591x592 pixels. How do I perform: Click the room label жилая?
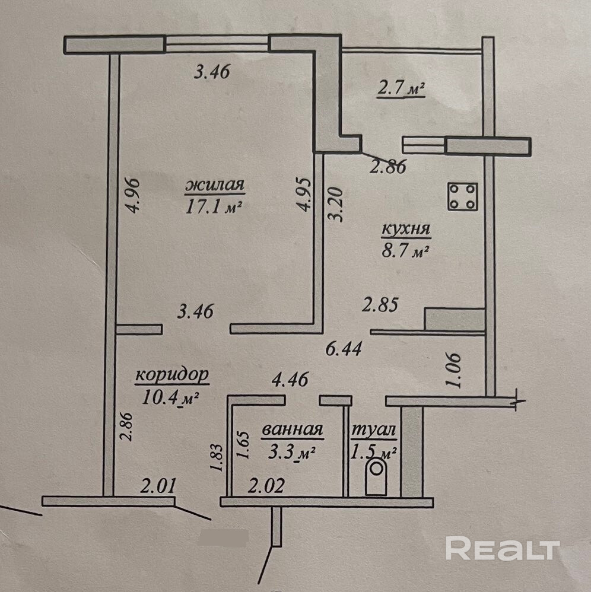pyautogui.click(x=215, y=186)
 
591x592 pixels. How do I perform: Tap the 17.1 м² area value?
pyautogui.click(x=215, y=207)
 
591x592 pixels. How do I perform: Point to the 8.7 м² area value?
pyautogui.click(x=406, y=251)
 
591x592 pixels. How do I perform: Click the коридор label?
pyautogui.click(x=172, y=375)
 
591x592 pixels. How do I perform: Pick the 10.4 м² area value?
pyautogui.click(x=170, y=397)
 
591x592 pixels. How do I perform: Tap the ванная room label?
pyautogui.click(x=291, y=430)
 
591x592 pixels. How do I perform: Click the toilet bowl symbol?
pyautogui.click(x=376, y=478)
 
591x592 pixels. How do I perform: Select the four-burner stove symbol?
pyautogui.click(x=464, y=196)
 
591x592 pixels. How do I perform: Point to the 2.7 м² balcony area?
pyautogui.click(x=401, y=90)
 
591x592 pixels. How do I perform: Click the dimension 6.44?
pyautogui.click(x=345, y=348)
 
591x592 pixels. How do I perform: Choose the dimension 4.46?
pyautogui.click(x=289, y=379)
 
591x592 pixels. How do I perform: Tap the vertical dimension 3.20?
pyautogui.click(x=336, y=205)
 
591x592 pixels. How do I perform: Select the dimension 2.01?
pyautogui.click(x=158, y=488)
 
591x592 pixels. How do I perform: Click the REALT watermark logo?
pyautogui.click(x=503, y=548)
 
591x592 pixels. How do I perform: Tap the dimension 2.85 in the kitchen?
pyautogui.click(x=380, y=305)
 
